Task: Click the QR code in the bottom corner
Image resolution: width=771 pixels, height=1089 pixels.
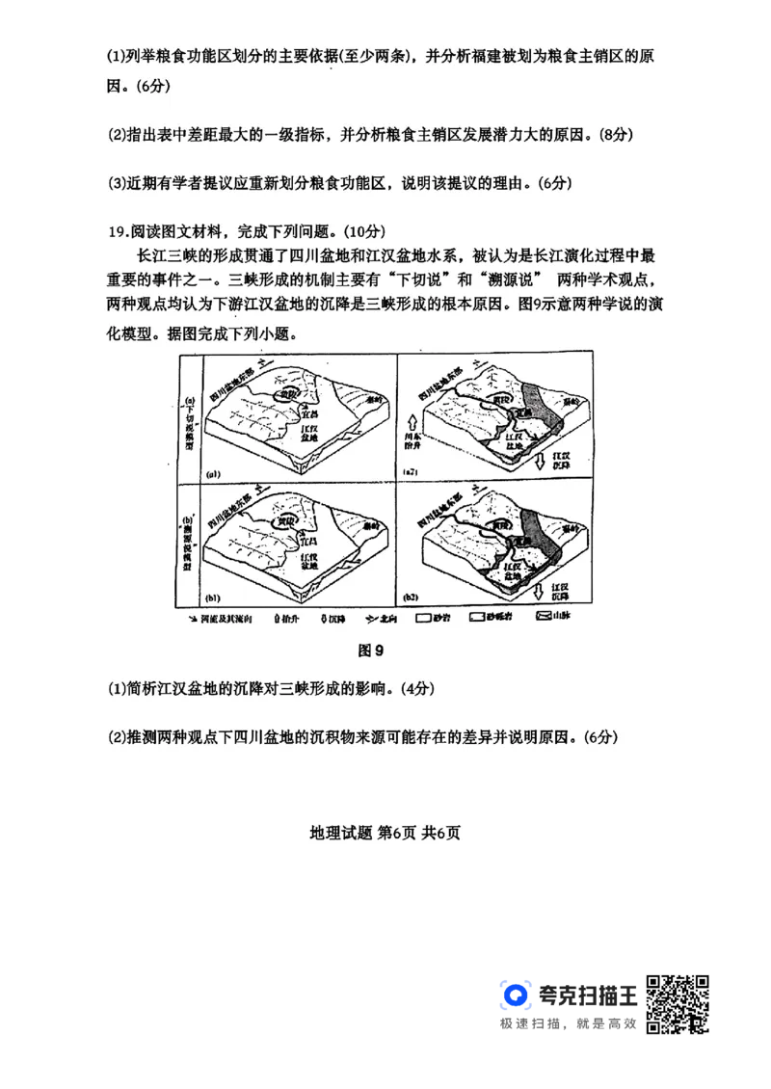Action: (x=680, y=1006)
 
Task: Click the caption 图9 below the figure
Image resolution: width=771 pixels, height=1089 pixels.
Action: (x=371, y=651)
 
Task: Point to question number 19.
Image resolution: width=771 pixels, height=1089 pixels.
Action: (x=117, y=230)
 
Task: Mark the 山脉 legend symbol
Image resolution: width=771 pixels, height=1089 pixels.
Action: (x=544, y=615)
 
